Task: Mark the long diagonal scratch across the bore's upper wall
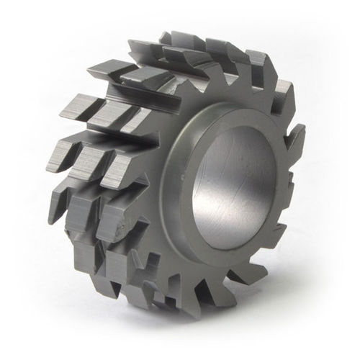(x=230, y=144)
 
